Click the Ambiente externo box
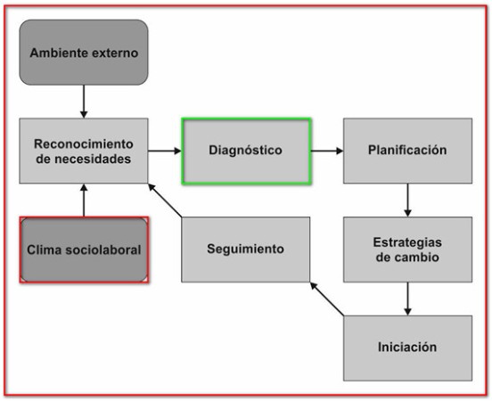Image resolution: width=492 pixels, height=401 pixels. pos(84,53)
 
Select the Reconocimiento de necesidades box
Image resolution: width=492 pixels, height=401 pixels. pos(84,151)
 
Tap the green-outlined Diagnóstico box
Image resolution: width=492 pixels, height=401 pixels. pos(246,151)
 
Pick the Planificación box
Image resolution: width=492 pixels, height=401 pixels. pos(407,151)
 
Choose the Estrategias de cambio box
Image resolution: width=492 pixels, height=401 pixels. pos(407,250)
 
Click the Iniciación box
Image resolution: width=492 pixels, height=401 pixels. pos(407,348)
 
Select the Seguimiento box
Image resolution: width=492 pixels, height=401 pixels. pos(246,250)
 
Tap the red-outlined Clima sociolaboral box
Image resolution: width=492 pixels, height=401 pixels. pos(84,250)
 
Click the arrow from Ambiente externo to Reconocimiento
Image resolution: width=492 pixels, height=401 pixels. pos(84,102)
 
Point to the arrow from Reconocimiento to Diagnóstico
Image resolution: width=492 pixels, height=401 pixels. pos(165,151)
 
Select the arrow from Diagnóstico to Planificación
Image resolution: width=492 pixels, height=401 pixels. pos(327,151)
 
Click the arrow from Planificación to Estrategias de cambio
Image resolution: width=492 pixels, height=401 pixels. pos(407,200)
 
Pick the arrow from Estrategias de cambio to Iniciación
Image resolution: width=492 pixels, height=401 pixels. pos(407,299)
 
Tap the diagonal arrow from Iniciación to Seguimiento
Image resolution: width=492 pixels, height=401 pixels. pos(326,299)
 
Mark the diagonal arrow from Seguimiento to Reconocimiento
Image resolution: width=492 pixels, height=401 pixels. pos(165,200)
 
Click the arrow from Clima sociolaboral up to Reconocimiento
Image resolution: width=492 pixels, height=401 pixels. pos(84,200)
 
